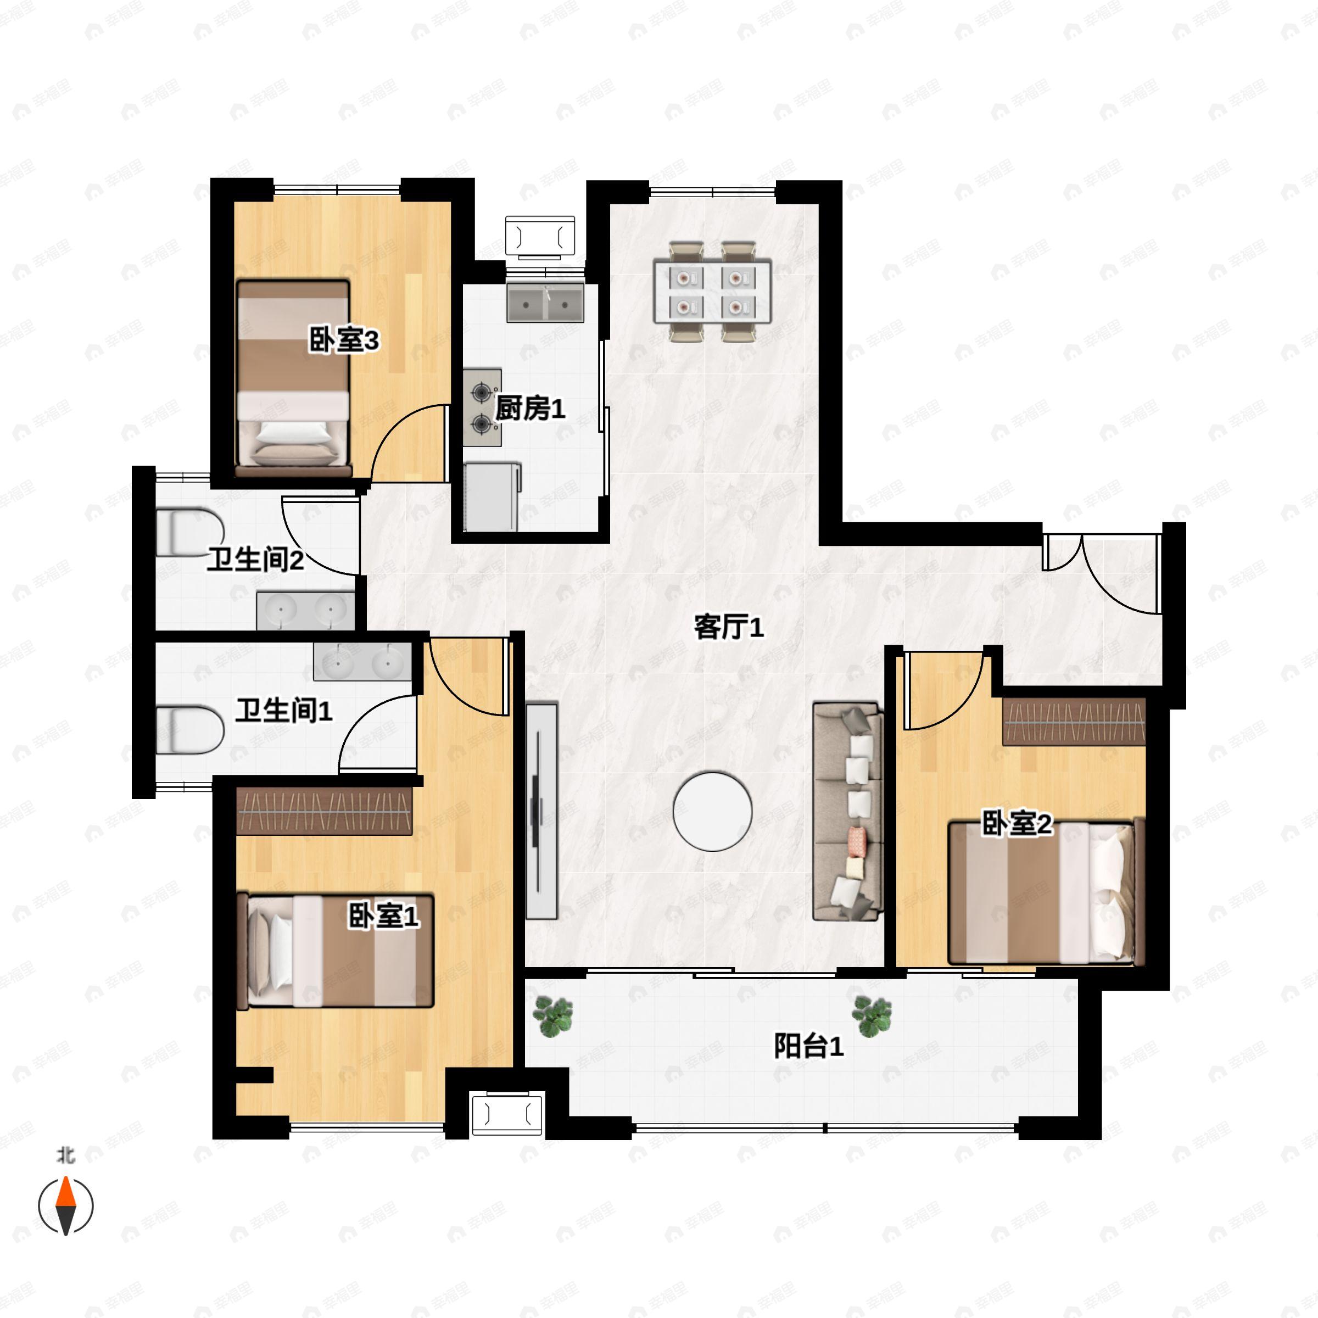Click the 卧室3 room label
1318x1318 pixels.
344,340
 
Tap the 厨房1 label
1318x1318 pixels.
530,409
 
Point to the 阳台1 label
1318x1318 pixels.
808,1046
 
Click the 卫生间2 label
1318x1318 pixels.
255,560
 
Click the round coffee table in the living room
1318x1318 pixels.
712,811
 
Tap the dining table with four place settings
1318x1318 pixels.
712,291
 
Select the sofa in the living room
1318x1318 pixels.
848,811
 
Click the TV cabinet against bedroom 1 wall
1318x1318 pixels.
541,811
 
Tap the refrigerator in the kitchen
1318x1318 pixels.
491,496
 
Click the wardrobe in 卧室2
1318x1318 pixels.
1073,722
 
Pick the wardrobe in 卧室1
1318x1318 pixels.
324,811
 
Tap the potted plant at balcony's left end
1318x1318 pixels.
552,1017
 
